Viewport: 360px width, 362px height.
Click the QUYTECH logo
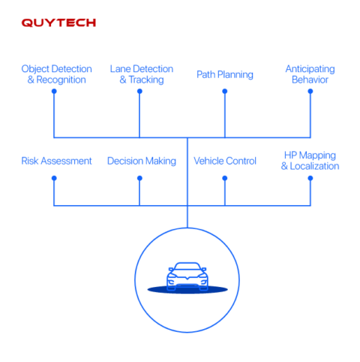click(58, 23)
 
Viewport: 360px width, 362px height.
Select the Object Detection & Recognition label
click(56, 74)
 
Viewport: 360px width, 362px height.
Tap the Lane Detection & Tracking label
click(142, 74)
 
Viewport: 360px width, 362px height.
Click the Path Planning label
click(224, 74)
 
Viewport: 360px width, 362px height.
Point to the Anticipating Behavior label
click(310, 74)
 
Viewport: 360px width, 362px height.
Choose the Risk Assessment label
click(57, 161)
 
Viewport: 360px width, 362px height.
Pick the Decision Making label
click(142, 161)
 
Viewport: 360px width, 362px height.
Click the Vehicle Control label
click(225, 161)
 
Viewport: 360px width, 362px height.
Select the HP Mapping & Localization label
click(310, 161)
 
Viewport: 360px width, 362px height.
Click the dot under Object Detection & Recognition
click(53, 91)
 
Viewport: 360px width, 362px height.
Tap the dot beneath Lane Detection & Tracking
click(139, 91)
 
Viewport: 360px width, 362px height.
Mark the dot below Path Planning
click(224, 91)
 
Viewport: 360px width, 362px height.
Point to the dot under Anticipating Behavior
click(310, 91)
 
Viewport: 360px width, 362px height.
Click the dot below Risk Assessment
click(53, 178)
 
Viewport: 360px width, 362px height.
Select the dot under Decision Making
click(139, 178)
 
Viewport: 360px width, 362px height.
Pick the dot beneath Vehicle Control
click(224, 178)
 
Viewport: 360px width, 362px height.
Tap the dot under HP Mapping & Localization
click(310, 178)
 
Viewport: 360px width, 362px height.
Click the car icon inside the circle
click(187, 276)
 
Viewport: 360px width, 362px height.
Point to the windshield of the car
click(187, 268)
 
